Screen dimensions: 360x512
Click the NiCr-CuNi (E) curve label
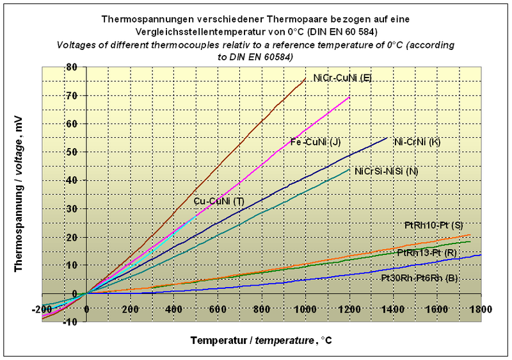point(342,78)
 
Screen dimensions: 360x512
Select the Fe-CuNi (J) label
point(313,142)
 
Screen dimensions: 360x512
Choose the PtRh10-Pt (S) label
point(433,225)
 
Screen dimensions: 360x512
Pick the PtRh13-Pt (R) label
point(426,253)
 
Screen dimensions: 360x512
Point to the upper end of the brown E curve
point(305,78)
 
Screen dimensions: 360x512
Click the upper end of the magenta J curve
point(349,97)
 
